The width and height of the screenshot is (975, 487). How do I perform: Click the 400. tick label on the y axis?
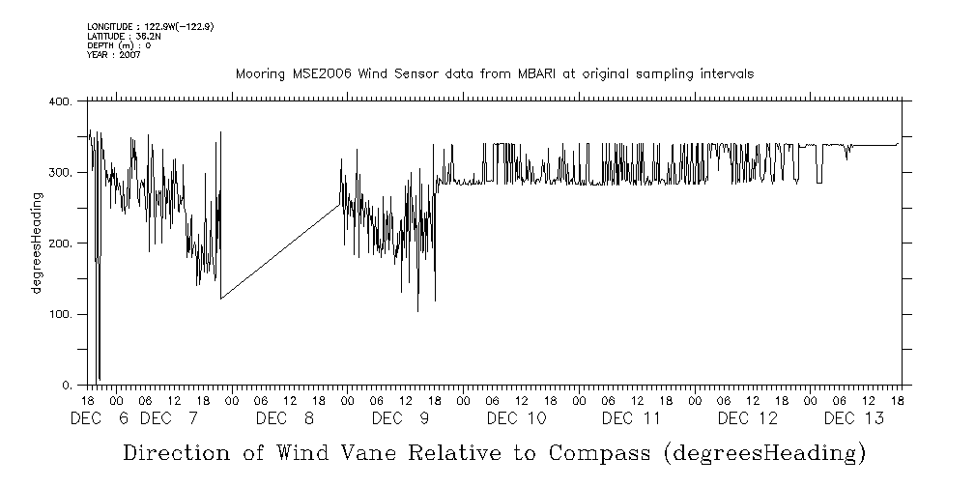60,101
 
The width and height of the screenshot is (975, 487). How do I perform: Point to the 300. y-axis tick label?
60,172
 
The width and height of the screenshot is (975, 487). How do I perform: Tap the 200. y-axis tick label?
60,243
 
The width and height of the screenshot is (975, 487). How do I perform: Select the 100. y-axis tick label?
60,314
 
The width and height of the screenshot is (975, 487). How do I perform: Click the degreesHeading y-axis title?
37,243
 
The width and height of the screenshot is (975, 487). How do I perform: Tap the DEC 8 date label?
285,418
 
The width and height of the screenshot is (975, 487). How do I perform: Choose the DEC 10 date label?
516,418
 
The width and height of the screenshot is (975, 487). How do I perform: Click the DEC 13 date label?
853,418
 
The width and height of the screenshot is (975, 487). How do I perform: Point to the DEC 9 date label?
400,418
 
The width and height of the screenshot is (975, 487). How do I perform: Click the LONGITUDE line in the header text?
150,26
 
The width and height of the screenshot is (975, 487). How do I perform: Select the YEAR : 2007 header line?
114,56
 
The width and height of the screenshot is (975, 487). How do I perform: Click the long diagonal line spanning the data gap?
280,251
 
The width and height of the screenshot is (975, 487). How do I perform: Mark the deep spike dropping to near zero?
99,329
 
